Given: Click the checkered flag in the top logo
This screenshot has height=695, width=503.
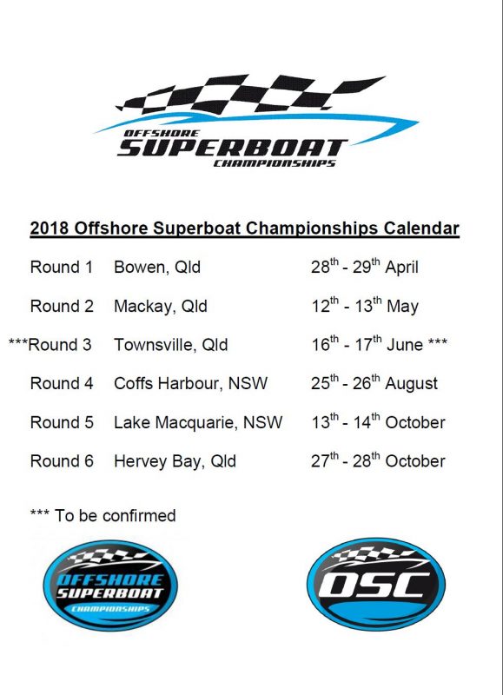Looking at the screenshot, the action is click(250, 94).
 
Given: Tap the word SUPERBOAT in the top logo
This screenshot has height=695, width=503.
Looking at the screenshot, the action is click(232, 148).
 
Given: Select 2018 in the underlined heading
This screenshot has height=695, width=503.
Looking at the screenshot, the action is click(50, 228).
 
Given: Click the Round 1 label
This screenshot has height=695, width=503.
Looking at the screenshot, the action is click(62, 267).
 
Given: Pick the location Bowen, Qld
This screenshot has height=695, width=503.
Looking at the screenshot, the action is click(157, 268).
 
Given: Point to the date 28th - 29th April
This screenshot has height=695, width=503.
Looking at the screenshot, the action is click(365, 267).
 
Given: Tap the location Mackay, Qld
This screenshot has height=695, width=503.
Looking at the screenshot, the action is click(161, 307).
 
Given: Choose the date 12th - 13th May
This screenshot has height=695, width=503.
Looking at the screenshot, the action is click(365, 306).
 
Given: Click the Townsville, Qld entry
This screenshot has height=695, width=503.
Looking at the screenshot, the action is click(171, 345).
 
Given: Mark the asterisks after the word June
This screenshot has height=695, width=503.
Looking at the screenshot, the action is click(438, 341).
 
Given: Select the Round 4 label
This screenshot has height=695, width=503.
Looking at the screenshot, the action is click(62, 383).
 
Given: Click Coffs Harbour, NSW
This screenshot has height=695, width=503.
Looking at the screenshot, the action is click(190, 383).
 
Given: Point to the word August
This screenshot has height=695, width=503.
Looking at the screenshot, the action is click(411, 384).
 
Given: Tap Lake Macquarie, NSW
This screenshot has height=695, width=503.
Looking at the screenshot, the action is click(198, 422).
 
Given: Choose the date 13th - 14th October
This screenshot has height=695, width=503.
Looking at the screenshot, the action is click(378, 421).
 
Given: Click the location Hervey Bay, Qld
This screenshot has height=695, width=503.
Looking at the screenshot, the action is click(175, 461).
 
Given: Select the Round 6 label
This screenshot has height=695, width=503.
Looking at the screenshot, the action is click(62, 461).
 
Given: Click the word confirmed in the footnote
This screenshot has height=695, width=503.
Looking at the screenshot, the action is click(139, 515).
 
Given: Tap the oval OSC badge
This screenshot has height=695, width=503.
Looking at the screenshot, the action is click(376, 584).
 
